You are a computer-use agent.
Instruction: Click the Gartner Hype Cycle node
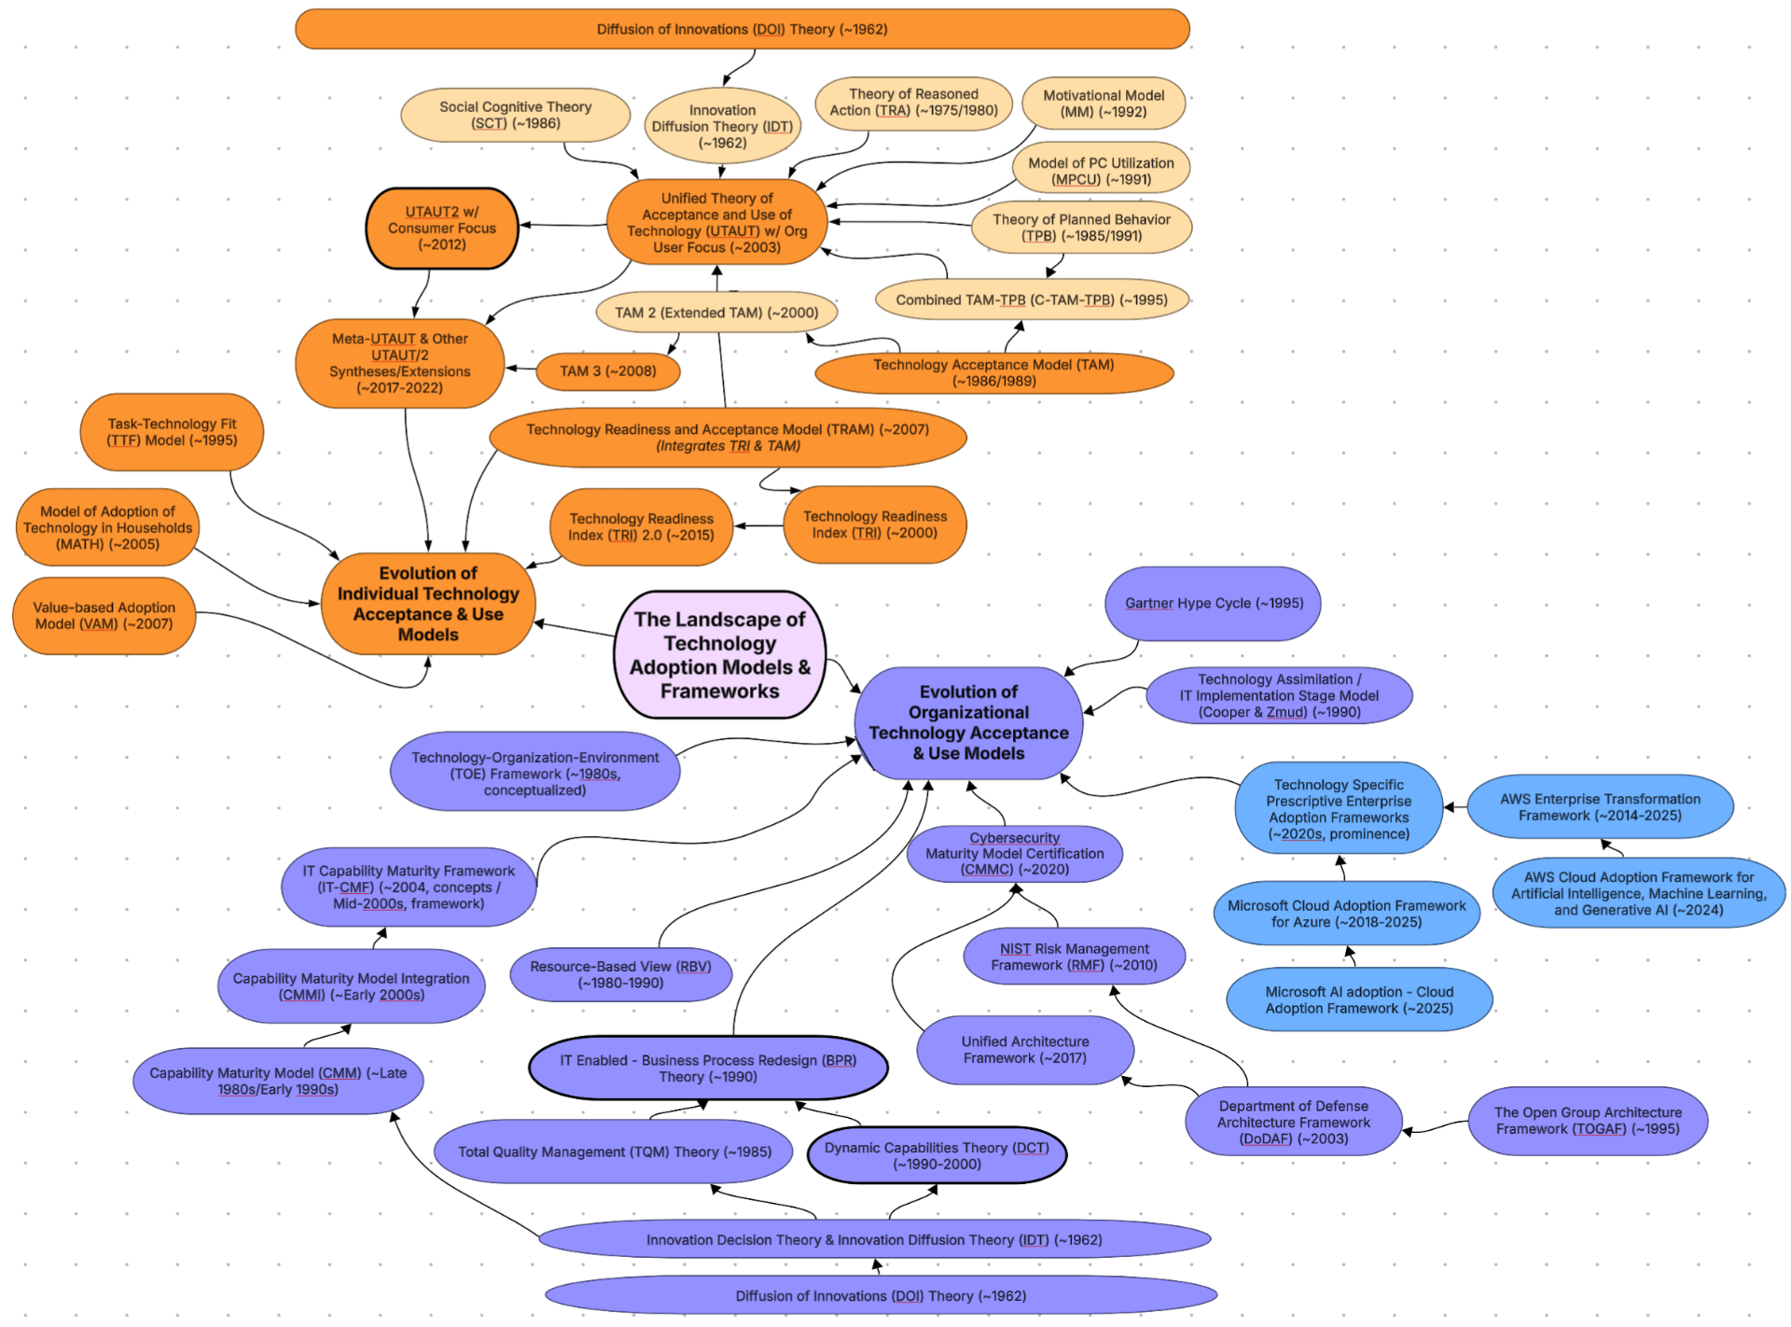point(1213,604)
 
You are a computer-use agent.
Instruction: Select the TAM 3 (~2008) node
point(607,371)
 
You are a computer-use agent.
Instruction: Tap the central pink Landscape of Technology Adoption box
point(719,655)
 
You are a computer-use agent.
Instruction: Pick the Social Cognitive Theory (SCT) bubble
point(515,115)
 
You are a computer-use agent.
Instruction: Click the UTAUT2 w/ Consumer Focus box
point(441,229)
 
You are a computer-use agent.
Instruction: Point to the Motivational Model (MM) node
point(1103,104)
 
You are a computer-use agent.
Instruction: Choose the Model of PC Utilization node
point(1101,171)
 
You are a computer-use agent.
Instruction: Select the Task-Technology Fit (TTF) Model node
point(172,432)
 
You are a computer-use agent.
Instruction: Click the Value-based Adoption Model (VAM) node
point(104,616)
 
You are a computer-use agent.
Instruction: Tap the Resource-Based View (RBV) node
point(620,974)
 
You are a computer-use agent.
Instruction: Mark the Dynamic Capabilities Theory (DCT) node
point(937,1155)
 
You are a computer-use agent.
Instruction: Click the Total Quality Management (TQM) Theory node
point(614,1152)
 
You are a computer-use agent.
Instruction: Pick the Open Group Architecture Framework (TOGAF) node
point(1587,1121)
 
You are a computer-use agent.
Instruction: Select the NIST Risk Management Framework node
point(1074,957)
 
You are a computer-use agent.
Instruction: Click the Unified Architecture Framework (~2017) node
point(1024,1050)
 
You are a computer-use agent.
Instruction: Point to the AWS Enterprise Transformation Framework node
point(1600,807)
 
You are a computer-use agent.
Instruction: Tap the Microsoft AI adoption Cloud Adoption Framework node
point(1358,999)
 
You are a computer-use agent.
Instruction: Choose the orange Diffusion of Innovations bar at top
point(742,29)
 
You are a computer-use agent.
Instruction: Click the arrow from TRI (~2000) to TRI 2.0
point(758,526)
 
